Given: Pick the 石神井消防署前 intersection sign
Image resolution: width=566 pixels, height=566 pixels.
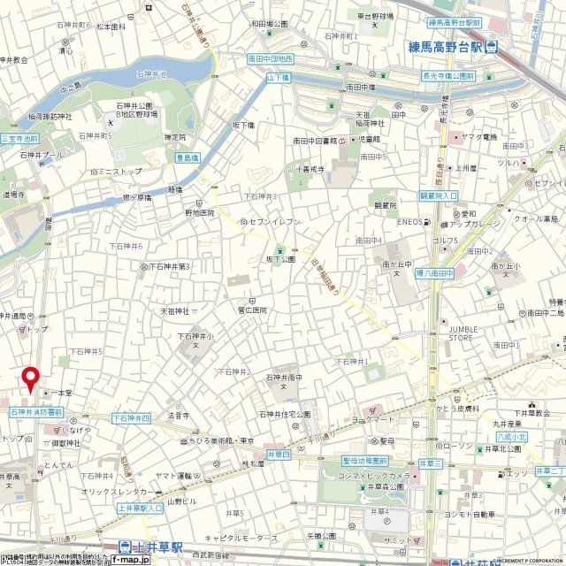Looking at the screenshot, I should [35, 412].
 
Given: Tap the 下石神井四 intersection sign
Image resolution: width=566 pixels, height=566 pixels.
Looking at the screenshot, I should [133, 417].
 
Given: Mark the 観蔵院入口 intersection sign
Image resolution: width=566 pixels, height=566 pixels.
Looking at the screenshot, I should [438, 195].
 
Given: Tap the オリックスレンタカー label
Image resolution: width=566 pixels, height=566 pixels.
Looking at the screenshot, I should [113, 492].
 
